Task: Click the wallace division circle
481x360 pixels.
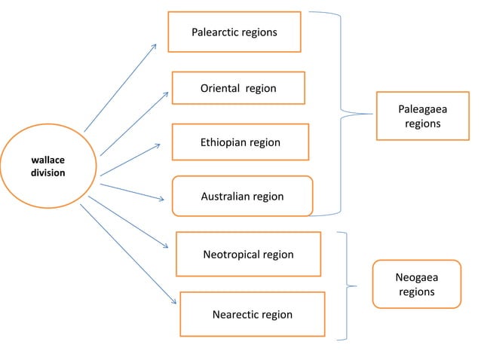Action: coord(48,167)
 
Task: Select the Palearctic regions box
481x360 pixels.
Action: coord(234,32)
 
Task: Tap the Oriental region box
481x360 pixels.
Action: coord(238,88)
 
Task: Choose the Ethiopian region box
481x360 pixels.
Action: coord(240,142)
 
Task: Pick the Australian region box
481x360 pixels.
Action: coord(242,196)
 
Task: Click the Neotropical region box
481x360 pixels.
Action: coord(248,254)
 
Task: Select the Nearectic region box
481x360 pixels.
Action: coord(252,314)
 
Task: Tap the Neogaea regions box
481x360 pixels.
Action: coord(416,284)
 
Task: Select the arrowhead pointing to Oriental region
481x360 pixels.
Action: coord(165,93)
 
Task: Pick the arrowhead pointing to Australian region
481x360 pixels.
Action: coord(161,199)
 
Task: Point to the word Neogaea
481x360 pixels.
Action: coord(416,277)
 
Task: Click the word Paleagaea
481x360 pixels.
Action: coord(422,109)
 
